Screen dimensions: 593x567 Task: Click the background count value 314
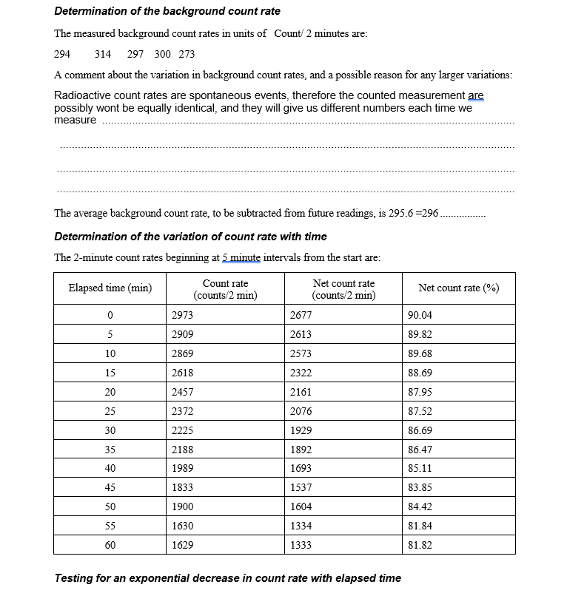(103, 54)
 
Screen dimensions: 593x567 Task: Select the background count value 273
(187, 54)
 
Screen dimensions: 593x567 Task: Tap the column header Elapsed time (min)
(110, 288)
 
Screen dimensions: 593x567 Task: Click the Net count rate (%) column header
(458, 288)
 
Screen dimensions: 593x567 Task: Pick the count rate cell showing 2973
(182, 314)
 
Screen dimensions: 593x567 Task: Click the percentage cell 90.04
(420, 314)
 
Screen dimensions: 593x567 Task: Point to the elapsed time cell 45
(110, 487)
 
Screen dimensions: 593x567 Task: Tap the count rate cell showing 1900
(182, 506)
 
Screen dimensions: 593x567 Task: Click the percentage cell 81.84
(420, 526)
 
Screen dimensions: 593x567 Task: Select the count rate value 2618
(182, 372)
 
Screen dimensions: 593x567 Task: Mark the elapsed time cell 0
(110, 314)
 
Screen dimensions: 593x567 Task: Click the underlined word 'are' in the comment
(476, 96)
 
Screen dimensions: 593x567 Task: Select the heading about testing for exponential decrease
(228, 577)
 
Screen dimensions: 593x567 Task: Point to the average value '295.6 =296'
(413, 213)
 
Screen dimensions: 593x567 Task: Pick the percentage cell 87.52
(420, 410)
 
